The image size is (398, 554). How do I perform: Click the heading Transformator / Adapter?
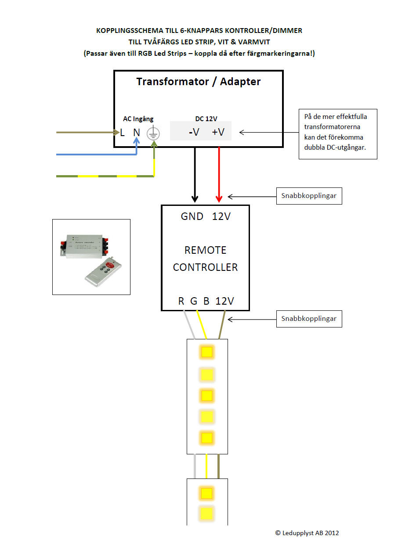tap(198, 82)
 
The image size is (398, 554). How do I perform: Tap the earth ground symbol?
tap(153, 133)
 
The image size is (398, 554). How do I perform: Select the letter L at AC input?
tap(122, 132)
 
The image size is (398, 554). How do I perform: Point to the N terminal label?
tap(137, 132)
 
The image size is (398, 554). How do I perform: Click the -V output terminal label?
tap(194, 132)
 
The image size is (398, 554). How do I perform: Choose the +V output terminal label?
tap(218, 132)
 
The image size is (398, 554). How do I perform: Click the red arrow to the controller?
tap(218, 176)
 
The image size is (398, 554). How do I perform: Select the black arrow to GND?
tap(195, 176)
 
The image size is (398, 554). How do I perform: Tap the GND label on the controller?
tap(192, 216)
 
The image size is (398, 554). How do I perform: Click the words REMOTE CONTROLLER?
tap(205, 259)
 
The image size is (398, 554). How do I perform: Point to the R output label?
tap(181, 301)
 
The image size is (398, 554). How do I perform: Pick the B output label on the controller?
tap(206, 301)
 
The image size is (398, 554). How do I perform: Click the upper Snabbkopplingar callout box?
tap(309, 196)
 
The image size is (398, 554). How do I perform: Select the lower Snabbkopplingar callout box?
tap(309, 319)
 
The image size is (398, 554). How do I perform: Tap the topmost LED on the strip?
tap(206, 352)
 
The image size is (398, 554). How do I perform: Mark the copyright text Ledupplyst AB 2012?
tap(307, 533)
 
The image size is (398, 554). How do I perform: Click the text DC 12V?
tap(206, 119)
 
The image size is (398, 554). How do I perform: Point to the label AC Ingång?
tap(138, 119)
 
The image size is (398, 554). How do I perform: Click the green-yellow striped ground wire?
tap(105, 176)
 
